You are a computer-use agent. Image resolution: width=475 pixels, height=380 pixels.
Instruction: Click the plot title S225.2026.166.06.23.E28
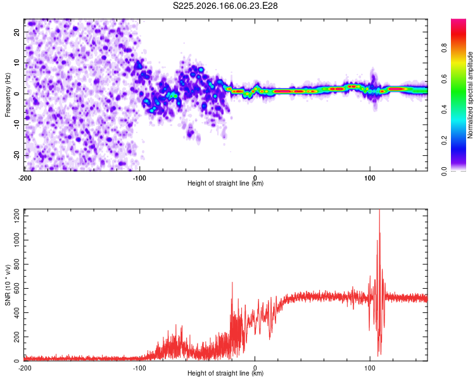pyautogui.click(x=225, y=6)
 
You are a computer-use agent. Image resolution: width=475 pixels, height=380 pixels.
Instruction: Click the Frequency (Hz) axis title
pyautogui.click(x=8, y=95)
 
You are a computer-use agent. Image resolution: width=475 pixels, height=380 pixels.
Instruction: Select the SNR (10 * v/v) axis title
pyautogui.click(x=8, y=285)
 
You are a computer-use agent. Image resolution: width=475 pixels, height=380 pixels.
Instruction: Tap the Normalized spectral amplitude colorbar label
pyautogui.click(x=470, y=95)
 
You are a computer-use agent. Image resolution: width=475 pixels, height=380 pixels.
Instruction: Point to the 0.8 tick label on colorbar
pyautogui.click(x=444, y=48)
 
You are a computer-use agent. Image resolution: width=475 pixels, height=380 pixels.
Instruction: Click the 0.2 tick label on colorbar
pyautogui.click(x=444, y=141)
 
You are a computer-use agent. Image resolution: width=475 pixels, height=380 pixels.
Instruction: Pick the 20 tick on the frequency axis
pyautogui.click(x=17, y=32)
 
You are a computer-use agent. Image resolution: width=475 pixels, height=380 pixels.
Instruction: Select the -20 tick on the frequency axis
pyautogui.click(x=17, y=155)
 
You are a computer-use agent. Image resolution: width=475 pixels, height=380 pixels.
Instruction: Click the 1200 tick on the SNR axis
pyautogui.click(x=17, y=215)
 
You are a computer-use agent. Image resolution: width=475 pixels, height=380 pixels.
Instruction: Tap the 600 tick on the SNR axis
pyautogui.click(x=17, y=288)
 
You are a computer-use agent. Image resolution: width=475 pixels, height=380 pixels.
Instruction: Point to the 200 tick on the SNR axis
pyautogui.click(x=17, y=337)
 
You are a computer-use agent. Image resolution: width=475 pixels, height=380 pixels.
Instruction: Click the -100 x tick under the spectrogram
pyautogui.click(x=139, y=178)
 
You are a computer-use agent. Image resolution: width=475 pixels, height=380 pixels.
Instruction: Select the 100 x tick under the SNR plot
pyautogui.click(x=370, y=368)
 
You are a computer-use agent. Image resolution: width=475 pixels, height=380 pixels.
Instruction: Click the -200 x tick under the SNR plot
pyautogui.click(x=25, y=368)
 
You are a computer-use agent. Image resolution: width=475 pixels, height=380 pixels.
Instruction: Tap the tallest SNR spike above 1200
pyautogui.click(x=379, y=210)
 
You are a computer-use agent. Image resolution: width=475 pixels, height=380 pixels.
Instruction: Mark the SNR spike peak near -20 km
pyautogui.click(x=232, y=282)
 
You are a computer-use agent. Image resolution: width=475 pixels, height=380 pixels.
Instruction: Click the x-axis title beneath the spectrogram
pyautogui.click(x=225, y=183)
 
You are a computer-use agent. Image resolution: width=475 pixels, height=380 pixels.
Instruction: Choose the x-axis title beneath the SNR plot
pyautogui.click(x=225, y=373)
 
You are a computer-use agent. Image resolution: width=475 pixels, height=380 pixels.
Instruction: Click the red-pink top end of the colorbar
pyautogui.click(x=459, y=21)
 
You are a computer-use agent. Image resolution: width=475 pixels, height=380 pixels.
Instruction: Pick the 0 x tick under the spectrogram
pyautogui.click(x=255, y=178)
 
